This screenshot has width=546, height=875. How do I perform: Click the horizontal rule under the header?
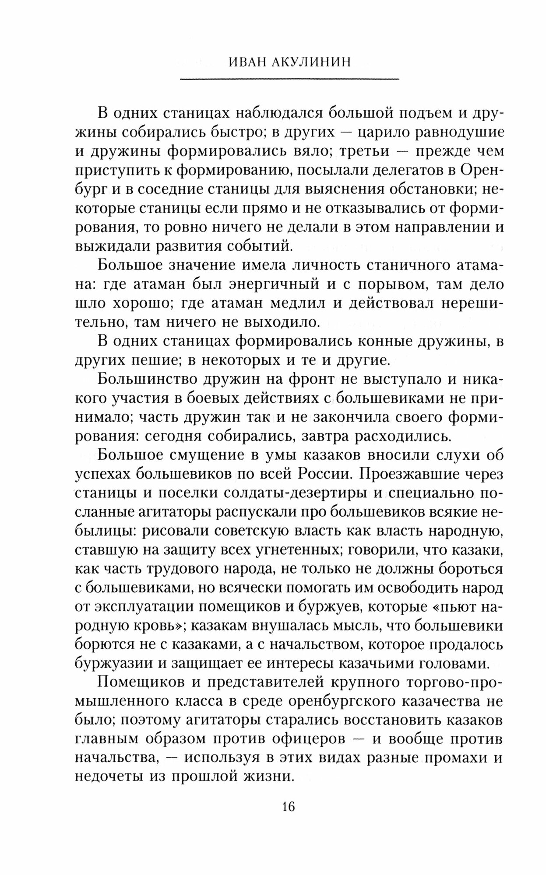[x=289, y=79]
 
